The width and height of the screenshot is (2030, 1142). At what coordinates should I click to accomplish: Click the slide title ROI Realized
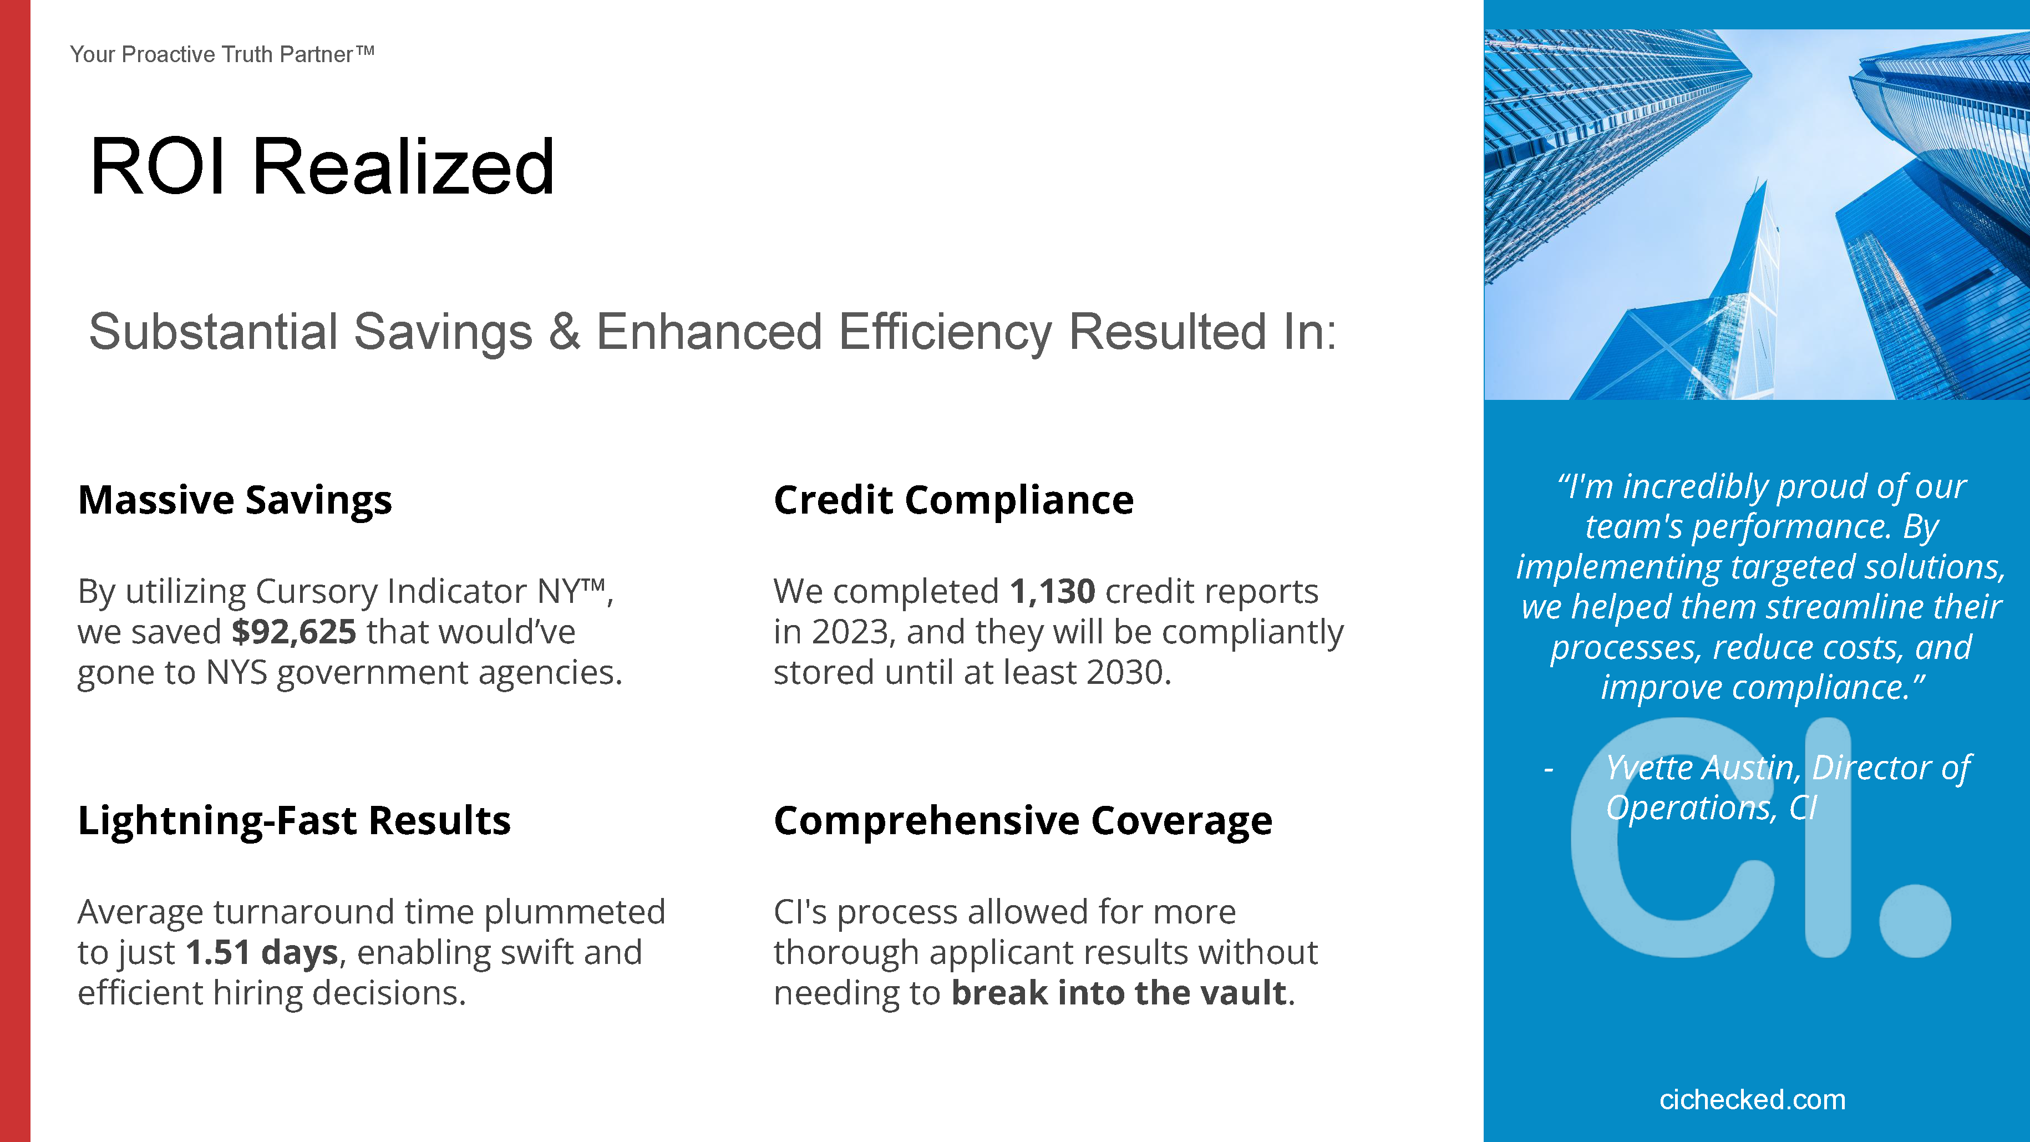[x=322, y=166]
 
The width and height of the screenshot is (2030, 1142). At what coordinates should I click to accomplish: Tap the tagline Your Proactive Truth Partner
[x=221, y=54]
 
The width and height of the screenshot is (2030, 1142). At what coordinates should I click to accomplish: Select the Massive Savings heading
[x=235, y=500]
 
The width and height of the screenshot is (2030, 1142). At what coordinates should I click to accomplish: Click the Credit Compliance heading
[x=953, y=500]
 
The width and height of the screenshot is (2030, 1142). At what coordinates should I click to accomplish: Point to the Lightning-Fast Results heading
[x=294, y=821]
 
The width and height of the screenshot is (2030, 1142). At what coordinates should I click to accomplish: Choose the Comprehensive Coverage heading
[x=1023, y=821]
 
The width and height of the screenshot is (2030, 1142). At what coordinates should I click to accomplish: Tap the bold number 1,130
[x=1052, y=591]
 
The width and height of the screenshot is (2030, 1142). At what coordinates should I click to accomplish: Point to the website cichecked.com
[x=1753, y=1099]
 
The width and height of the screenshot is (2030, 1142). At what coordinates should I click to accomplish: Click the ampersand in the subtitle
[x=564, y=332]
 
